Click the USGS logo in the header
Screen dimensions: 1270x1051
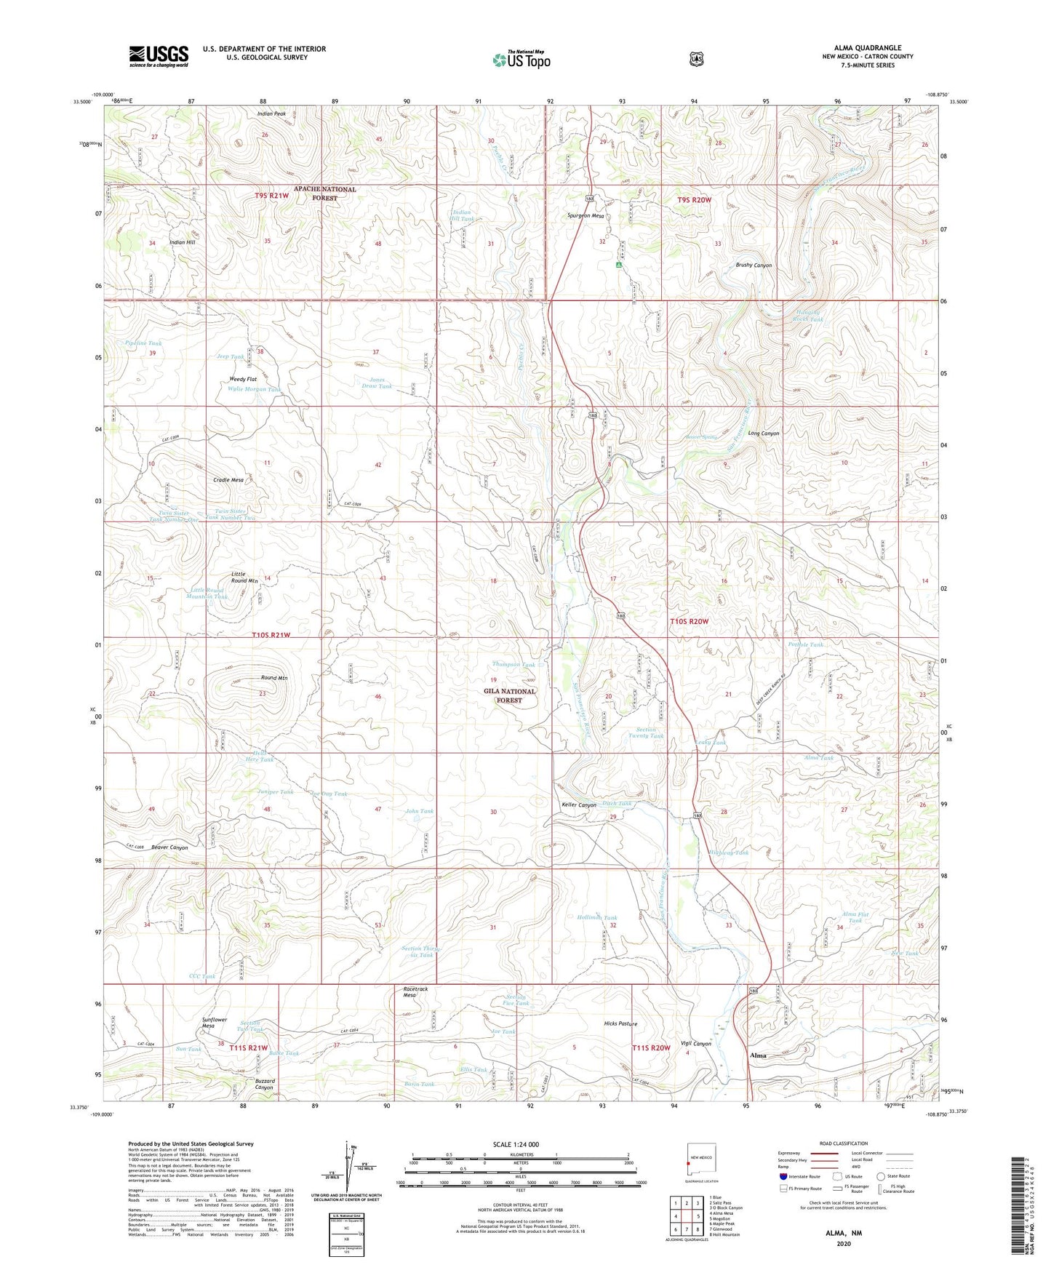(x=159, y=56)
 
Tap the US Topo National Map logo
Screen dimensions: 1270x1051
(x=521, y=60)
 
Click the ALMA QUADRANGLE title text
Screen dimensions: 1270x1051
(x=867, y=48)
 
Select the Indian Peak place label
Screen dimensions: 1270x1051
(x=271, y=114)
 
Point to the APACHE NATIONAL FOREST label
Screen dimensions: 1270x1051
(x=324, y=193)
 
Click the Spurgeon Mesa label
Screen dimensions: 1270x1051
(x=586, y=216)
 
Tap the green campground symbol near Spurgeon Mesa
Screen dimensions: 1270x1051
(x=619, y=266)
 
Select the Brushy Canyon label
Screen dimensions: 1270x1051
(x=754, y=265)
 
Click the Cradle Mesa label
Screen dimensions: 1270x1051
(x=228, y=480)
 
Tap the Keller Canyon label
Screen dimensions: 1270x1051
(x=579, y=805)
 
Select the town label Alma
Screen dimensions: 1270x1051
(x=758, y=1055)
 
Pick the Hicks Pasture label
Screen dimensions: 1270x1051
(x=620, y=1023)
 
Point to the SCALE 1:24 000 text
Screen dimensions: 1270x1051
(x=516, y=1144)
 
